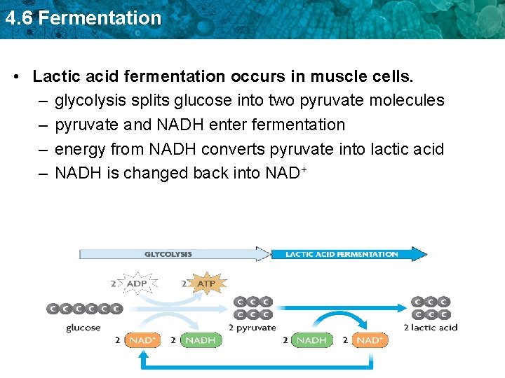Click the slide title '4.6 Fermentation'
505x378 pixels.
(83, 17)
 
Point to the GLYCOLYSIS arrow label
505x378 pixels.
(168, 254)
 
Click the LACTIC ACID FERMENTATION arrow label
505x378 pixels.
(342, 254)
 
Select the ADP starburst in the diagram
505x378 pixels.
(138, 283)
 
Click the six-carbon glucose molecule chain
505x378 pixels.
(84, 308)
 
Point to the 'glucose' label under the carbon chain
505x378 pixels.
(83, 327)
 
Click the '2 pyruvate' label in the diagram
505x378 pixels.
(252, 327)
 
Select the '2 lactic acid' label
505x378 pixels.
(431, 327)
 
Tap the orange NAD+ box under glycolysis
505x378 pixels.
(143, 340)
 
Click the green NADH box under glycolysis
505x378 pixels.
(200, 340)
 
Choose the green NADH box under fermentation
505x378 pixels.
(311, 340)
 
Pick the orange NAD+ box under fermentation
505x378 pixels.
(369, 340)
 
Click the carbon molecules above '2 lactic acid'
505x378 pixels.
(431, 308)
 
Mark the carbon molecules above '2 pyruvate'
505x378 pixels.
(253, 308)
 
